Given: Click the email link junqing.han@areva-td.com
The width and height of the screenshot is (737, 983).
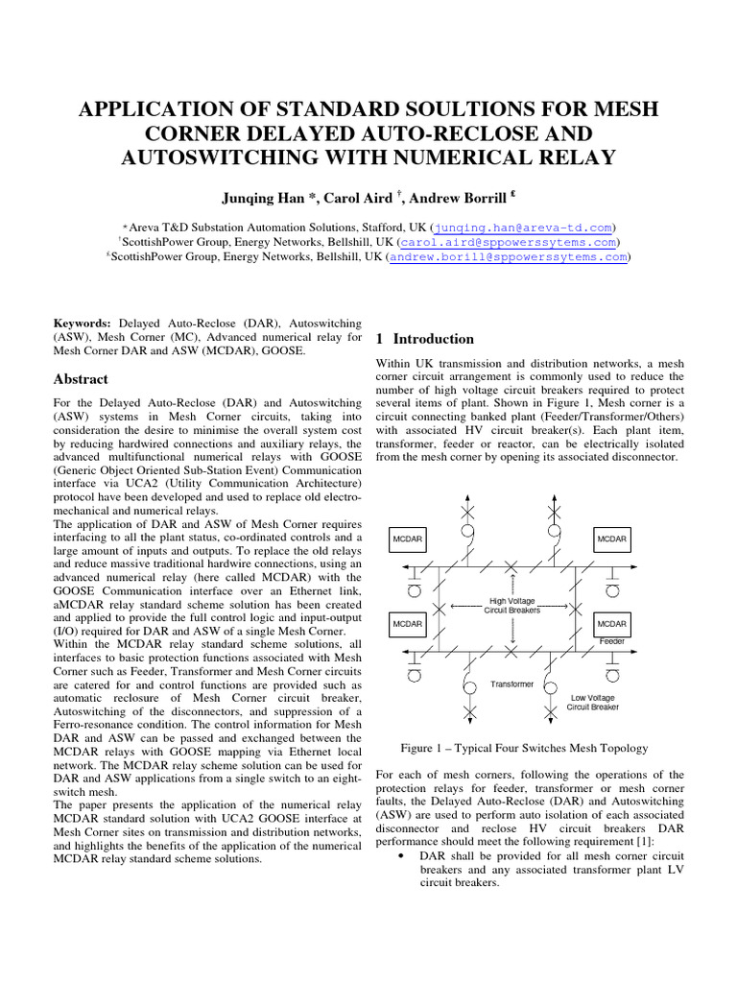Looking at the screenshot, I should point(522,228).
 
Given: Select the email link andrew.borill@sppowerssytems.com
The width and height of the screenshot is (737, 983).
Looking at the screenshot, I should point(508,257).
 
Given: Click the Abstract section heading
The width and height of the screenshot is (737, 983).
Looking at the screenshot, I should point(81,379).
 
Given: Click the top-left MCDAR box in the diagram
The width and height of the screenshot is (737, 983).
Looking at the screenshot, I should point(408,539).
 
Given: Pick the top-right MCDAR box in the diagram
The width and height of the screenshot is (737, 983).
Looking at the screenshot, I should point(611,539).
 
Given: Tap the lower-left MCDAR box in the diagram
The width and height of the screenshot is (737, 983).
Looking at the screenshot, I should point(408,624).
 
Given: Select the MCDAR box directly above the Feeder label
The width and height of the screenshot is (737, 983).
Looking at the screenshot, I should point(611,624).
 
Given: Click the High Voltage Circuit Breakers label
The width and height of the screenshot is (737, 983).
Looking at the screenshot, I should point(512,606).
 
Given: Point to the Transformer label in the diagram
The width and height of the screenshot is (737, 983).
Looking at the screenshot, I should point(511,684).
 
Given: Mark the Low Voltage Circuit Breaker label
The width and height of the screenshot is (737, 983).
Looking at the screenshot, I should point(592,702).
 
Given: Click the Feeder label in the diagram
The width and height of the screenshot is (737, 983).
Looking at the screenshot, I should point(612,640).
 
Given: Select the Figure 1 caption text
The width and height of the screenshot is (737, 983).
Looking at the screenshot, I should point(523,748).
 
